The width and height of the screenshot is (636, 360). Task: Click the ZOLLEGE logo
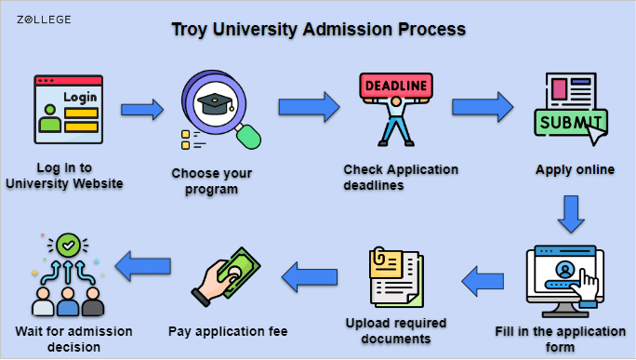click(x=44, y=20)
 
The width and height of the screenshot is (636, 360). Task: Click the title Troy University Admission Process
click(x=318, y=29)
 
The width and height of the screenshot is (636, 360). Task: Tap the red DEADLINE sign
click(x=396, y=86)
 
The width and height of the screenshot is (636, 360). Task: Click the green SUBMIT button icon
click(x=571, y=122)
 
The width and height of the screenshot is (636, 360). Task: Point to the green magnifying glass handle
click(x=248, y=137)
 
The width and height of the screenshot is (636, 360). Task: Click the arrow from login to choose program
click(x=142, y=109)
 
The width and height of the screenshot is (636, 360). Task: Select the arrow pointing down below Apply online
click(x=571, y=214)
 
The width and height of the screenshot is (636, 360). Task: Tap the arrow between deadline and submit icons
click(x=483, y=107)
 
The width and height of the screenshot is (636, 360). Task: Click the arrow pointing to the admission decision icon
click(x=143, y=266)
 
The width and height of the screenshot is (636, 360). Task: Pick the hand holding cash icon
click(x=226, y=277)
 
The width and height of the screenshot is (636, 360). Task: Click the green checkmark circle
click(x=68, y=246)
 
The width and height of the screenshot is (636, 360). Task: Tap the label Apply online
click(x=575, y=169)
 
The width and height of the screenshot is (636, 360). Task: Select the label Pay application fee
click(x=228, y=331)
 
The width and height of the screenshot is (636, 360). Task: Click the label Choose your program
click(x=211, y=181)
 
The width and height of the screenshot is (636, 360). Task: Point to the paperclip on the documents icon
click(x=378, y=256)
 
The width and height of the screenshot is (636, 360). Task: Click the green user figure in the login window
click(x=50, y=118)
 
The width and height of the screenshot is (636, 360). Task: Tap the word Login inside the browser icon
click(x=80, y=98)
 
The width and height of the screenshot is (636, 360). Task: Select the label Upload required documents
click(x=396, y=331)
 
